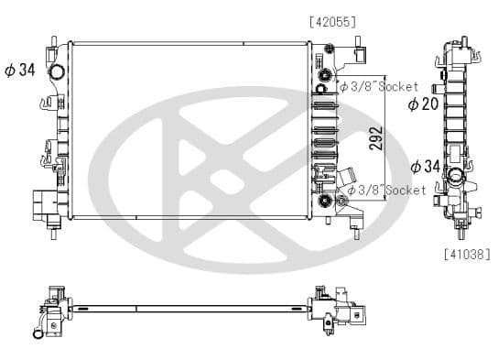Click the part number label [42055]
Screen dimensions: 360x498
click(x=331, y=21)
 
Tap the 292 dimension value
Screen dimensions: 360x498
click(x=374, y=136)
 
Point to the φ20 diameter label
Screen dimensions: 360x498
click(x=422, y=104)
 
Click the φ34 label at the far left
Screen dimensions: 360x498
click(x=20, y=71)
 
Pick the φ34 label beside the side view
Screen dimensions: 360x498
click(x=427, y=166)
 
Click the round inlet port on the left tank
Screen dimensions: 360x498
click(x=57, y=72)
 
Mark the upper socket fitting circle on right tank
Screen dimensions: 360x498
click(x=325, y=73)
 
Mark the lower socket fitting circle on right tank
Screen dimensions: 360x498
click(x=325, y=200)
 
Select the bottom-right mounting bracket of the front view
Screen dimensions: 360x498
click(x=353, y=215)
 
